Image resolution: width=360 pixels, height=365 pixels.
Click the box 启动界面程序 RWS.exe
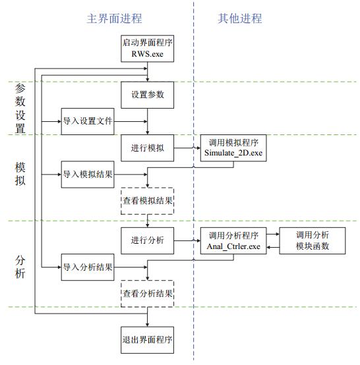[147, 48]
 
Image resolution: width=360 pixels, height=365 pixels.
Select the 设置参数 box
[147, 95]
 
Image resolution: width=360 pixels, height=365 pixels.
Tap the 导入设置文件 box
[88, 121]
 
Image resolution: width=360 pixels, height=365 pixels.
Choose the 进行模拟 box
[147, 148]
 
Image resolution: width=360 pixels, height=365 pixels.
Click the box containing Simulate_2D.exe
[233, 148]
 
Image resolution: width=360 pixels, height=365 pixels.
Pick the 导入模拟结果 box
[88, 175]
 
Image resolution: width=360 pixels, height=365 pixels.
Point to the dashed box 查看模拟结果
[147, 201]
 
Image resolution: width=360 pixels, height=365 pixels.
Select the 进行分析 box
[147, 240]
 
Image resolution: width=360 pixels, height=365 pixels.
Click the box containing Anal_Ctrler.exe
[233, 240]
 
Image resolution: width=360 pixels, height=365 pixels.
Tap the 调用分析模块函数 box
[313, 240]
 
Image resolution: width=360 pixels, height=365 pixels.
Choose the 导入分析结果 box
[88, 267]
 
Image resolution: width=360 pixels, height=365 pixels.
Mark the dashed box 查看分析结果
[147, 294]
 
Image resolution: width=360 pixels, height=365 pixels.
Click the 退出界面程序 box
[147, 340]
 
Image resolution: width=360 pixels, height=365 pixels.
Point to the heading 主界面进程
[114, 18]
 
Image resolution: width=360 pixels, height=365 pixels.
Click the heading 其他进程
[240, 18]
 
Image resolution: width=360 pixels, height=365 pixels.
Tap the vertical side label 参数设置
[20, 109]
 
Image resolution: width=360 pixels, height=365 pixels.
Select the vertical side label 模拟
[20, 174]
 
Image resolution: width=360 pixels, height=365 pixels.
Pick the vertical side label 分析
[20, 267]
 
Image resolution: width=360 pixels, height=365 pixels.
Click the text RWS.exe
[147, 54]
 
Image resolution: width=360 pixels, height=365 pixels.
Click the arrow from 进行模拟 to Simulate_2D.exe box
[187, 148]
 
